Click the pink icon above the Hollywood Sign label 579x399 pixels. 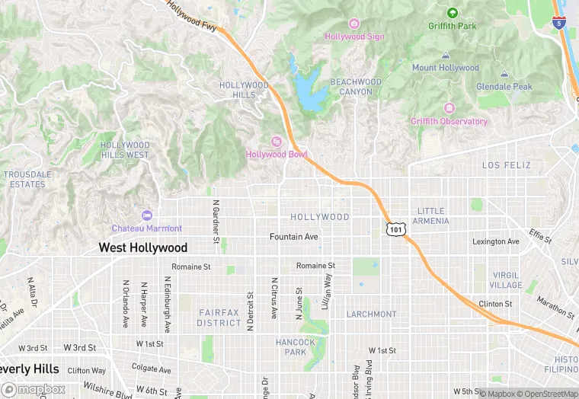click(x=353, y=23)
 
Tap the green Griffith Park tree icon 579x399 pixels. click(x=452, y=13)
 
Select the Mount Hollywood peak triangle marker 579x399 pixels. click(x=446, y=56)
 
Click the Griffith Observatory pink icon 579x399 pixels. click(x=449, y=108)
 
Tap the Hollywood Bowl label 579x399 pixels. click(x=276, y=155)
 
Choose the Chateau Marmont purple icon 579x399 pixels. click(x=146, y=215)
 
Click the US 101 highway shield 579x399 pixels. click(x=395, y=228)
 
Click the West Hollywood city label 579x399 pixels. click(x=143, y=247)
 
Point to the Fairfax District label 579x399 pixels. click(x=219, y=318)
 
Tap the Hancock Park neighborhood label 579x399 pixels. click(x=296, y=347)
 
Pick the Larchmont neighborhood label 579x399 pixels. click(x=372, y=314)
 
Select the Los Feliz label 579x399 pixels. click(x=507, y=165)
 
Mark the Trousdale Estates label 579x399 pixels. click(x=27, y=179)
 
